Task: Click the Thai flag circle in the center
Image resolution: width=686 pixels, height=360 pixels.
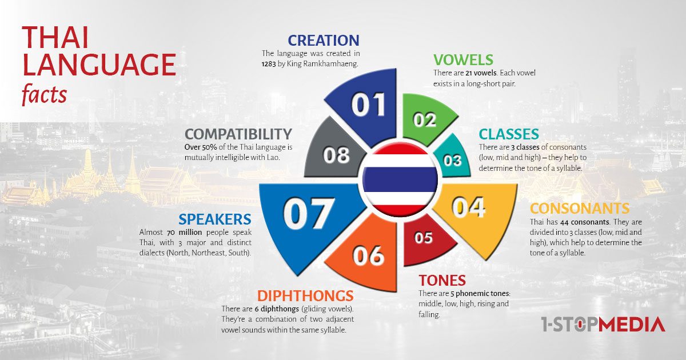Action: click(400, 179)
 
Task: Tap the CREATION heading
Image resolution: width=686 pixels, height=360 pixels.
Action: click(324, 41)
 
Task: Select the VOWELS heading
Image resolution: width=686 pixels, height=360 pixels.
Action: click(463, 59)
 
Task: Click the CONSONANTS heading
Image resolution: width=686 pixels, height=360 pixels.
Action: click(580, 209)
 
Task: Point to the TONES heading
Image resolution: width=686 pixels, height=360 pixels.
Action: click(442, 280)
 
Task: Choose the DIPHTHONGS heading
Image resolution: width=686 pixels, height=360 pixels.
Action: click(305, 296)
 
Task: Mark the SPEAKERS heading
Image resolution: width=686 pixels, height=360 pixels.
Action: click(215, 219)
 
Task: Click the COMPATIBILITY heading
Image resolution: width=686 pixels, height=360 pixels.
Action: click(238, 134)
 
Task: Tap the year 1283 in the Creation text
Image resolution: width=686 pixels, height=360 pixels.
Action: click(269, 64)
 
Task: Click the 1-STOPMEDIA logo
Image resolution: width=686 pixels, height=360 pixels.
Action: click(603, 324)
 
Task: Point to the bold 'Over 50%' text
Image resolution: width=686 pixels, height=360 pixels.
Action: click(201, 147)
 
